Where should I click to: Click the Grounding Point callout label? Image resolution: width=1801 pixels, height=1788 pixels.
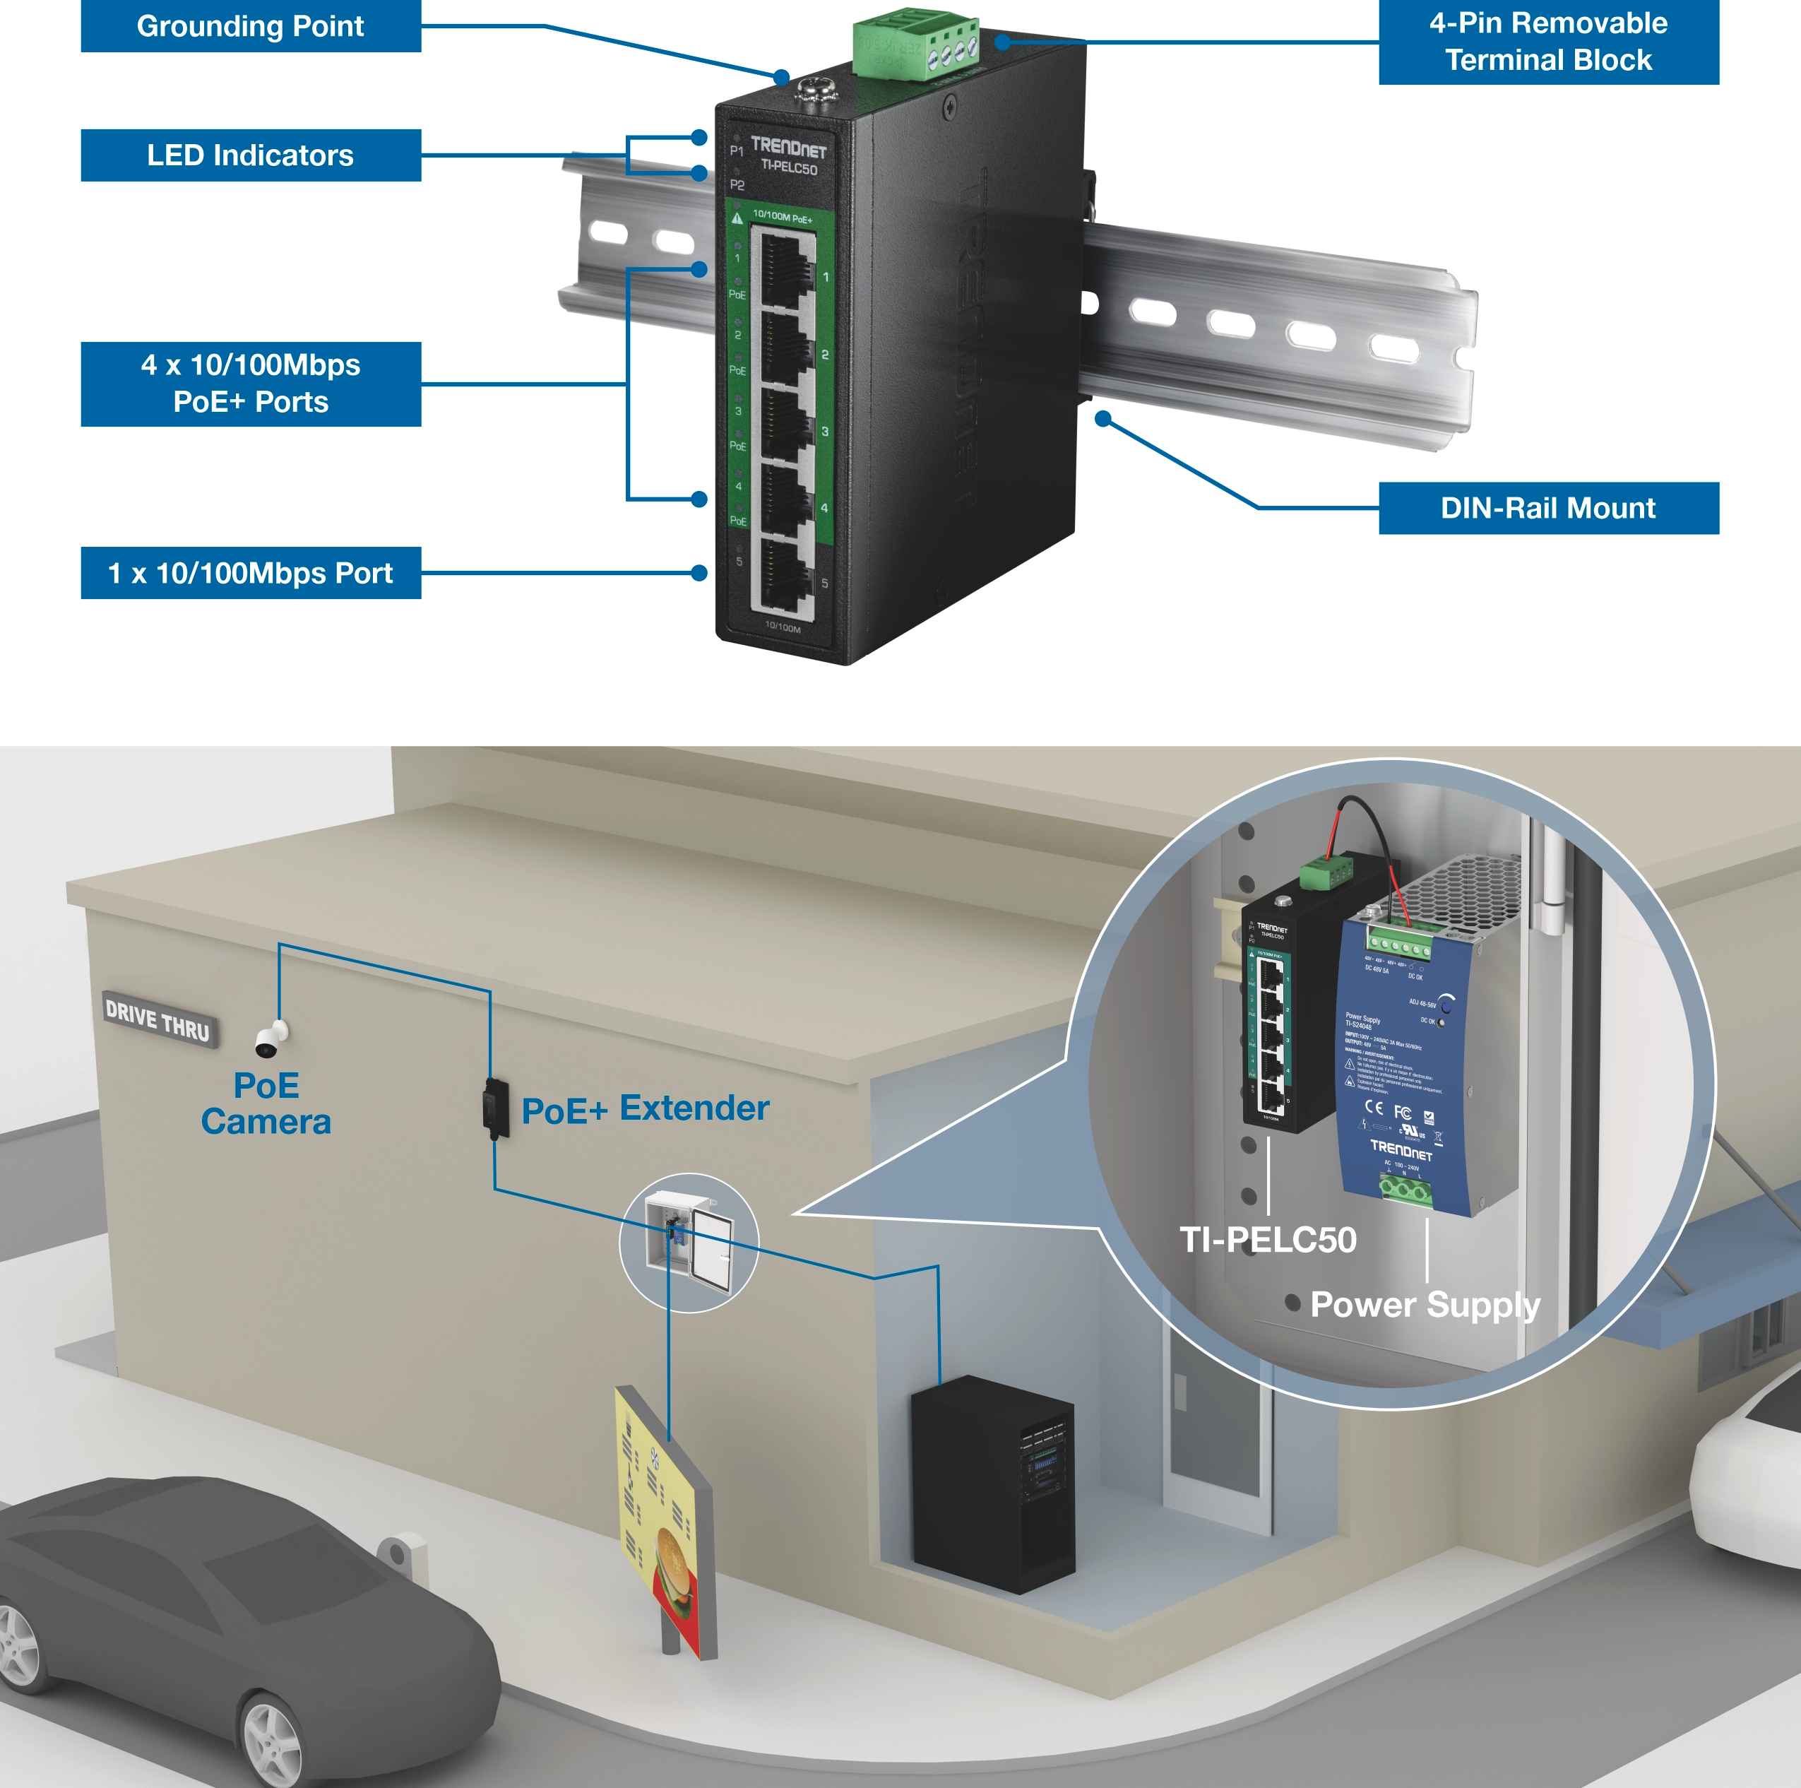tap(250, 26)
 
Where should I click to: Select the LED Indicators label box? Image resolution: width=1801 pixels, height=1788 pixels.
tap(250, 155)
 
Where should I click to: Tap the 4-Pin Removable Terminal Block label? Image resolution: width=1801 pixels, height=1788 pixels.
tap(1547, 42)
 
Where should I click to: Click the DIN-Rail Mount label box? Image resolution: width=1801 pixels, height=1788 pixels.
tap(1547, 508)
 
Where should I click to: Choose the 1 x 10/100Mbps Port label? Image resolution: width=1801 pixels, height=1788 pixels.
tap(250, 572)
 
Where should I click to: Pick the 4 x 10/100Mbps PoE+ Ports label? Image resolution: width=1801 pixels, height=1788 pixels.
tap(250, 383)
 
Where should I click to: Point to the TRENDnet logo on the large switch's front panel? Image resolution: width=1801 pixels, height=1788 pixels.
tap(789, 146)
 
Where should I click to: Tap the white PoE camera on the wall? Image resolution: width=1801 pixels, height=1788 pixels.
tap(271, 1039)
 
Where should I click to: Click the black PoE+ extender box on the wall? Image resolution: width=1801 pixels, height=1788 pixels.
tap(495, 1108)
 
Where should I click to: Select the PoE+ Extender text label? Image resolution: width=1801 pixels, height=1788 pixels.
tap(645, 1108)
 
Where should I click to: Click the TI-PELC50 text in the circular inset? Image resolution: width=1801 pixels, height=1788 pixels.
tap(1267, 1240)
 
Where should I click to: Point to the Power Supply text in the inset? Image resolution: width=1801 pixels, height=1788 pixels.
tap(1425, 1304)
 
